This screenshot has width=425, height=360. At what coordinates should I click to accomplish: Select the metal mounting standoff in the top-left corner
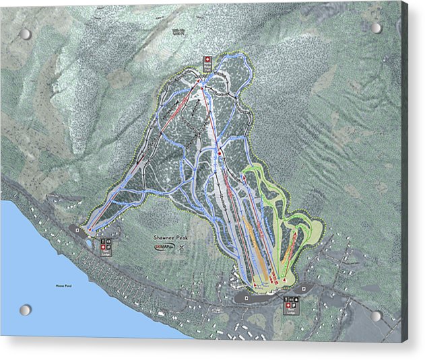25,34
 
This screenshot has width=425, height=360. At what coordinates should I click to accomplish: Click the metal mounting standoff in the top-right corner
376,28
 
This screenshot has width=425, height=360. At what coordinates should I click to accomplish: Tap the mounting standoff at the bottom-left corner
25,310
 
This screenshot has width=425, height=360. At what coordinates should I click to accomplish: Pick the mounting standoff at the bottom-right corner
376,316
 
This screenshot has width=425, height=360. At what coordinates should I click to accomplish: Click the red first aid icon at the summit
207,61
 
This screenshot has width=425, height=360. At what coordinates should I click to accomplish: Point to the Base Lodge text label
290,311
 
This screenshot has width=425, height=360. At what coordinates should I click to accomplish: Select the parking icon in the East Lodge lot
78,229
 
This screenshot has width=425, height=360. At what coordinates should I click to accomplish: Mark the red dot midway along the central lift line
220,154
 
